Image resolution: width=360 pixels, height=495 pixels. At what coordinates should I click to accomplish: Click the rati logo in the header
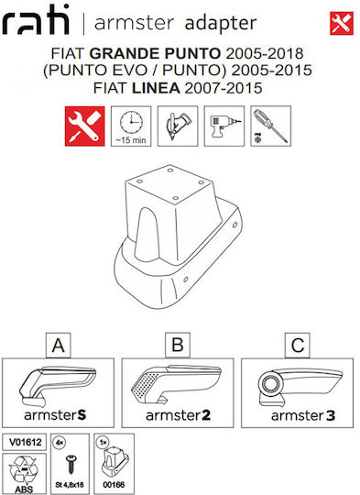pos(36,20)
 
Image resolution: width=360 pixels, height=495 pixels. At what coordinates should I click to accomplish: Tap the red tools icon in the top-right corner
pos(342,23)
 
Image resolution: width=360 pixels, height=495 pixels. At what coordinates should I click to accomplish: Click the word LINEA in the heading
pos(156,88)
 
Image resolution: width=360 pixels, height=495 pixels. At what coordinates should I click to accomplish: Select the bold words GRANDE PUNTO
pos(155,53)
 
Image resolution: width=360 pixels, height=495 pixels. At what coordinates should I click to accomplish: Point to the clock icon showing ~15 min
pos(131,126)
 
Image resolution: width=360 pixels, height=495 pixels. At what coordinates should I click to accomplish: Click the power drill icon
pos(224,126)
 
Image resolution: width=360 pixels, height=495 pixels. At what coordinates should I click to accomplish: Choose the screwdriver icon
pos(271,126)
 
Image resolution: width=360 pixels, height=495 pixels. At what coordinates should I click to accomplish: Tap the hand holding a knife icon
pos(178,126)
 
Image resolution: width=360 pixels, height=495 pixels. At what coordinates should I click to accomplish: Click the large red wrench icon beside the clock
pos(85,126)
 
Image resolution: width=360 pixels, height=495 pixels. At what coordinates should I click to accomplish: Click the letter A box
pos(59,345)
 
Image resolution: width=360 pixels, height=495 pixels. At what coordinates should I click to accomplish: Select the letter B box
pos(178,345)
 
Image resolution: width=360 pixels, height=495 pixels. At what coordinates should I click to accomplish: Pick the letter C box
pos(298,345)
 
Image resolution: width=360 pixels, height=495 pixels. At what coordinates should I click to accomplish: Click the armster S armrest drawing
pos(57,387)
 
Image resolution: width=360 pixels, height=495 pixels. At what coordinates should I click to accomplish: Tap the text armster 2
pos(178,415)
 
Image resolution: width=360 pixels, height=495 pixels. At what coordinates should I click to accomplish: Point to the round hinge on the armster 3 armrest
pos(270,384)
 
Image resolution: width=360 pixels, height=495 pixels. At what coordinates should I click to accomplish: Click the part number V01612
pos(26,442)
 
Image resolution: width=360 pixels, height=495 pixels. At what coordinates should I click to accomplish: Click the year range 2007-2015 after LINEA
pos(224,88)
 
